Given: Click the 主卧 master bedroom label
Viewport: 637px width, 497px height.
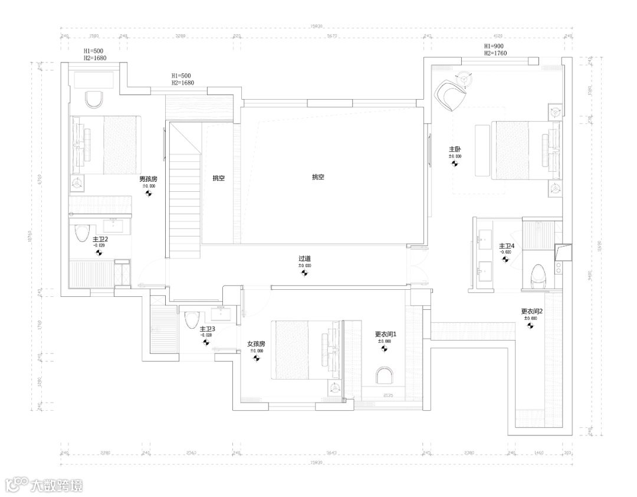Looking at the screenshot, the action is click(x=455, y=149).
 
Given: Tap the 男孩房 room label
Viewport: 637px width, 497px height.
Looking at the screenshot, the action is click(x=148, y=179).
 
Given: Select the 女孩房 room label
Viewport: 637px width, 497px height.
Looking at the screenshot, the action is click(x=256, y=344).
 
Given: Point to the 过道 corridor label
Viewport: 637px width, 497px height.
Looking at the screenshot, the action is click(x=304, y=259).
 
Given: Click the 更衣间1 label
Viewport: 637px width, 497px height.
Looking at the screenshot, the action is click(x=386, y=334).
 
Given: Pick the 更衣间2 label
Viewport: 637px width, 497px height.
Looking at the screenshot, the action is click(x=531, y=311).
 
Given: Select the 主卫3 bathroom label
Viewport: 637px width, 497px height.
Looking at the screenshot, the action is click(x=206, y=329).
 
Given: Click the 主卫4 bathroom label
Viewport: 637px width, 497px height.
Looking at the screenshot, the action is click(x=507, y=246).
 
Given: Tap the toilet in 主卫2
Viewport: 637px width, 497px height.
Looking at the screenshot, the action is click(x=81, y=234).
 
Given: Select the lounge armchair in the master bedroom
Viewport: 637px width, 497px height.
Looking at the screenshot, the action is click(x=451, y=95).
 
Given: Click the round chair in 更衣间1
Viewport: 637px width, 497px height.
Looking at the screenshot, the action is click(x=384, y=376).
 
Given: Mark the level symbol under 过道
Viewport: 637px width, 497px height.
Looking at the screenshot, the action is click(x=304, y=273).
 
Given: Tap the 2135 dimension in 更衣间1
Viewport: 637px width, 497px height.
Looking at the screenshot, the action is click(x=388, y=395).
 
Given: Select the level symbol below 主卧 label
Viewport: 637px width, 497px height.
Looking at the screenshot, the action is click(x=455, y=164).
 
